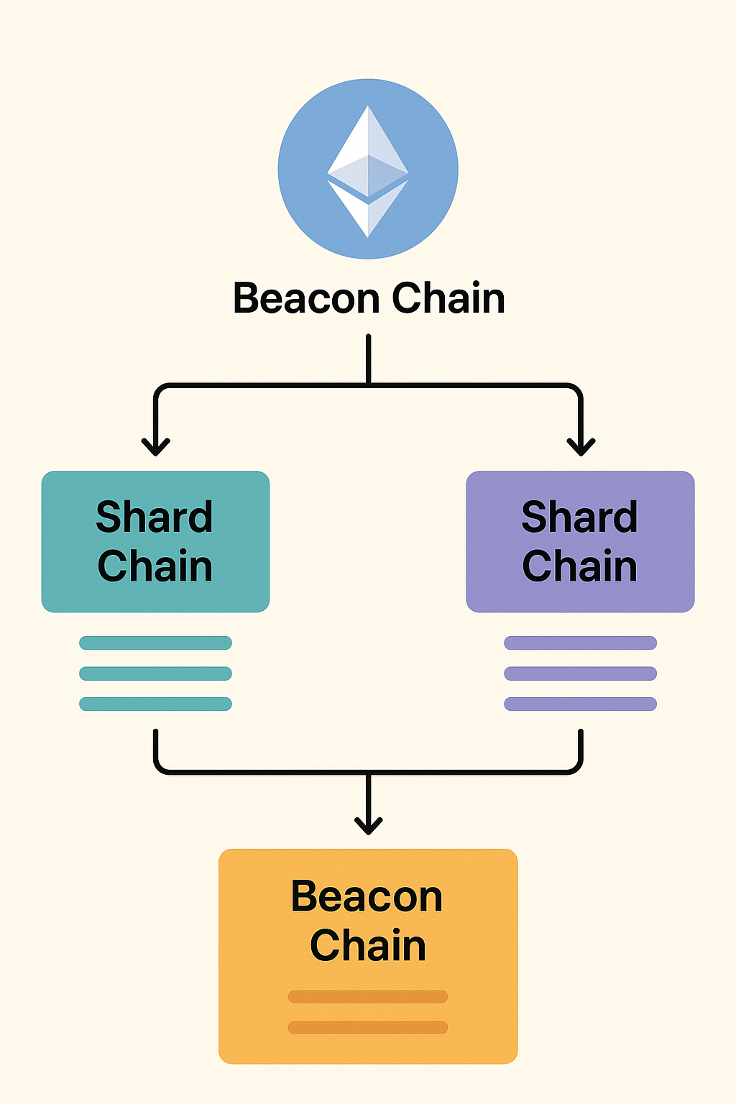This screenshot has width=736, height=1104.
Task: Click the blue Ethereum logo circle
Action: pyautogui.click(x=368, y=169)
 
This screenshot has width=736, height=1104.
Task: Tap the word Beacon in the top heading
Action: pyautogui.click(x=305, y=298)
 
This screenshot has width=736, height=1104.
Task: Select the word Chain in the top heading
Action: pyautogui.click(x=448, y=298)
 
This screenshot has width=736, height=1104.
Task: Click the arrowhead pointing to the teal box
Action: pyautogui.click(x=155, y=446)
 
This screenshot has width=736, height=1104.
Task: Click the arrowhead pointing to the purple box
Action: pyautogui.click(x=581, y=446)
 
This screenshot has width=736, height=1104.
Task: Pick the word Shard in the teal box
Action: pyautogui.click(x=155, y=517)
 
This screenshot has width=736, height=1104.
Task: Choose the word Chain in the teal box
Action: pyautogui.click(x=155, y=566)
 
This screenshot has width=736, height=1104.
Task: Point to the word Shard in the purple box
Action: pyautogui.click(x=579, y=517)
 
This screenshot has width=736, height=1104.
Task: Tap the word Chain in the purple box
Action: pyautogui.click(x=579, y=566)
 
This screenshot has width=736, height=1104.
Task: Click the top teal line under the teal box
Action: pyautogui.click(x=155, y=643)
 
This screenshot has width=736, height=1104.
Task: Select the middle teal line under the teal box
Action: pyautogui.click(x=155, y=673)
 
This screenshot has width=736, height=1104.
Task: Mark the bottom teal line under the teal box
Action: pyautogui.click(x=155, y=704)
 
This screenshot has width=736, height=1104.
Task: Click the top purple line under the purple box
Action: pyautogui.click(x=580, y=643)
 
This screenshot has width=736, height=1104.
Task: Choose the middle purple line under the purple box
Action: pyautogui.click(x=580, y=673)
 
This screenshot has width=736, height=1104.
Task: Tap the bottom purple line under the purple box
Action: pyautogui.click(x=580, y=704)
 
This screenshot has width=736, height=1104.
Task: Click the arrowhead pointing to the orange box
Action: pyautogui.click(x=368, y=825)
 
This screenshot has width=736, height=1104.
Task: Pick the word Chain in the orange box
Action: pyautogui.click(x=368, y=945)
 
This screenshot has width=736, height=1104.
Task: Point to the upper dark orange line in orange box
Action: pyautogui.click(x=368, y=997)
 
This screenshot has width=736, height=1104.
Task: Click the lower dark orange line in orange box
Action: pyautogui.click(x=368, y=1028)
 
